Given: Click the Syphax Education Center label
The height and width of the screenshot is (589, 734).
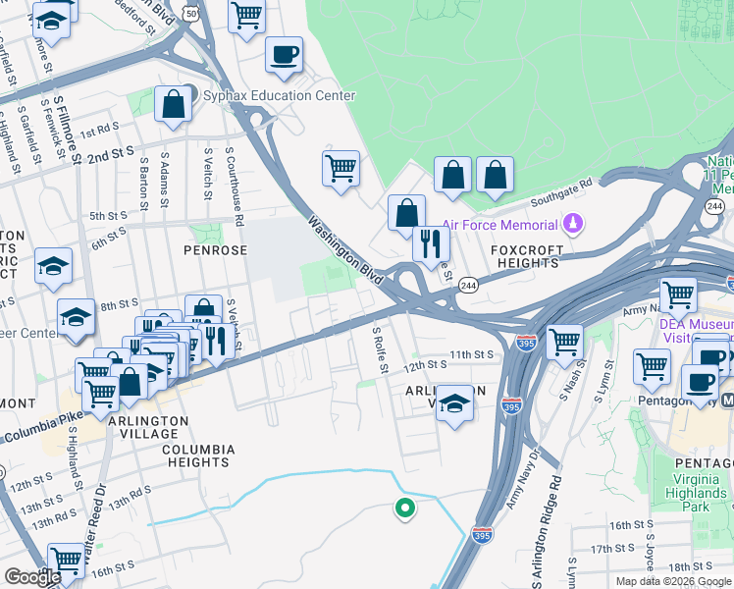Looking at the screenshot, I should coord(278,96).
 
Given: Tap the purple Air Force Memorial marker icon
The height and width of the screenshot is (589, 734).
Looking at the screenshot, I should coord(576,225).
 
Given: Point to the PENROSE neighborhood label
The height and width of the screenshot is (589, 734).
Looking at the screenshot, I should coord(215,250).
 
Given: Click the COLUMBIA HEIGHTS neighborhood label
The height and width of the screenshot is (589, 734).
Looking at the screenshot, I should coord(198,456).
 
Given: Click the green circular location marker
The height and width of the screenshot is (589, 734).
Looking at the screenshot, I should coord(403,508).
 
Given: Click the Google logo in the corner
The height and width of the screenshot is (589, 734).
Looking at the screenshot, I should coord(31,577).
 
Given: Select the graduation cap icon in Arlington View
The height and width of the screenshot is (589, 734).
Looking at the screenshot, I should coord(453,403).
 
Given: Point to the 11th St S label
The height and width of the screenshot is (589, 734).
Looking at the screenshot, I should coord(469,353).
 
